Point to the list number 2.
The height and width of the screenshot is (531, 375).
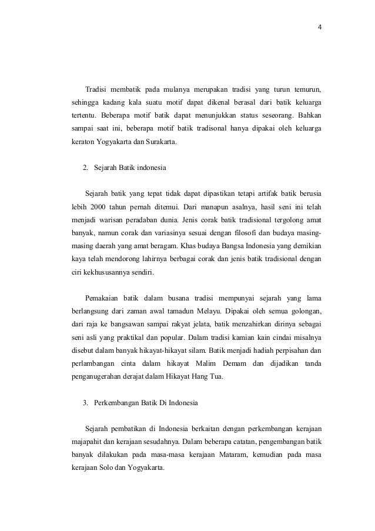(x=86, y=168)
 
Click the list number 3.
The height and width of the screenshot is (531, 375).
(x=86, y=403)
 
